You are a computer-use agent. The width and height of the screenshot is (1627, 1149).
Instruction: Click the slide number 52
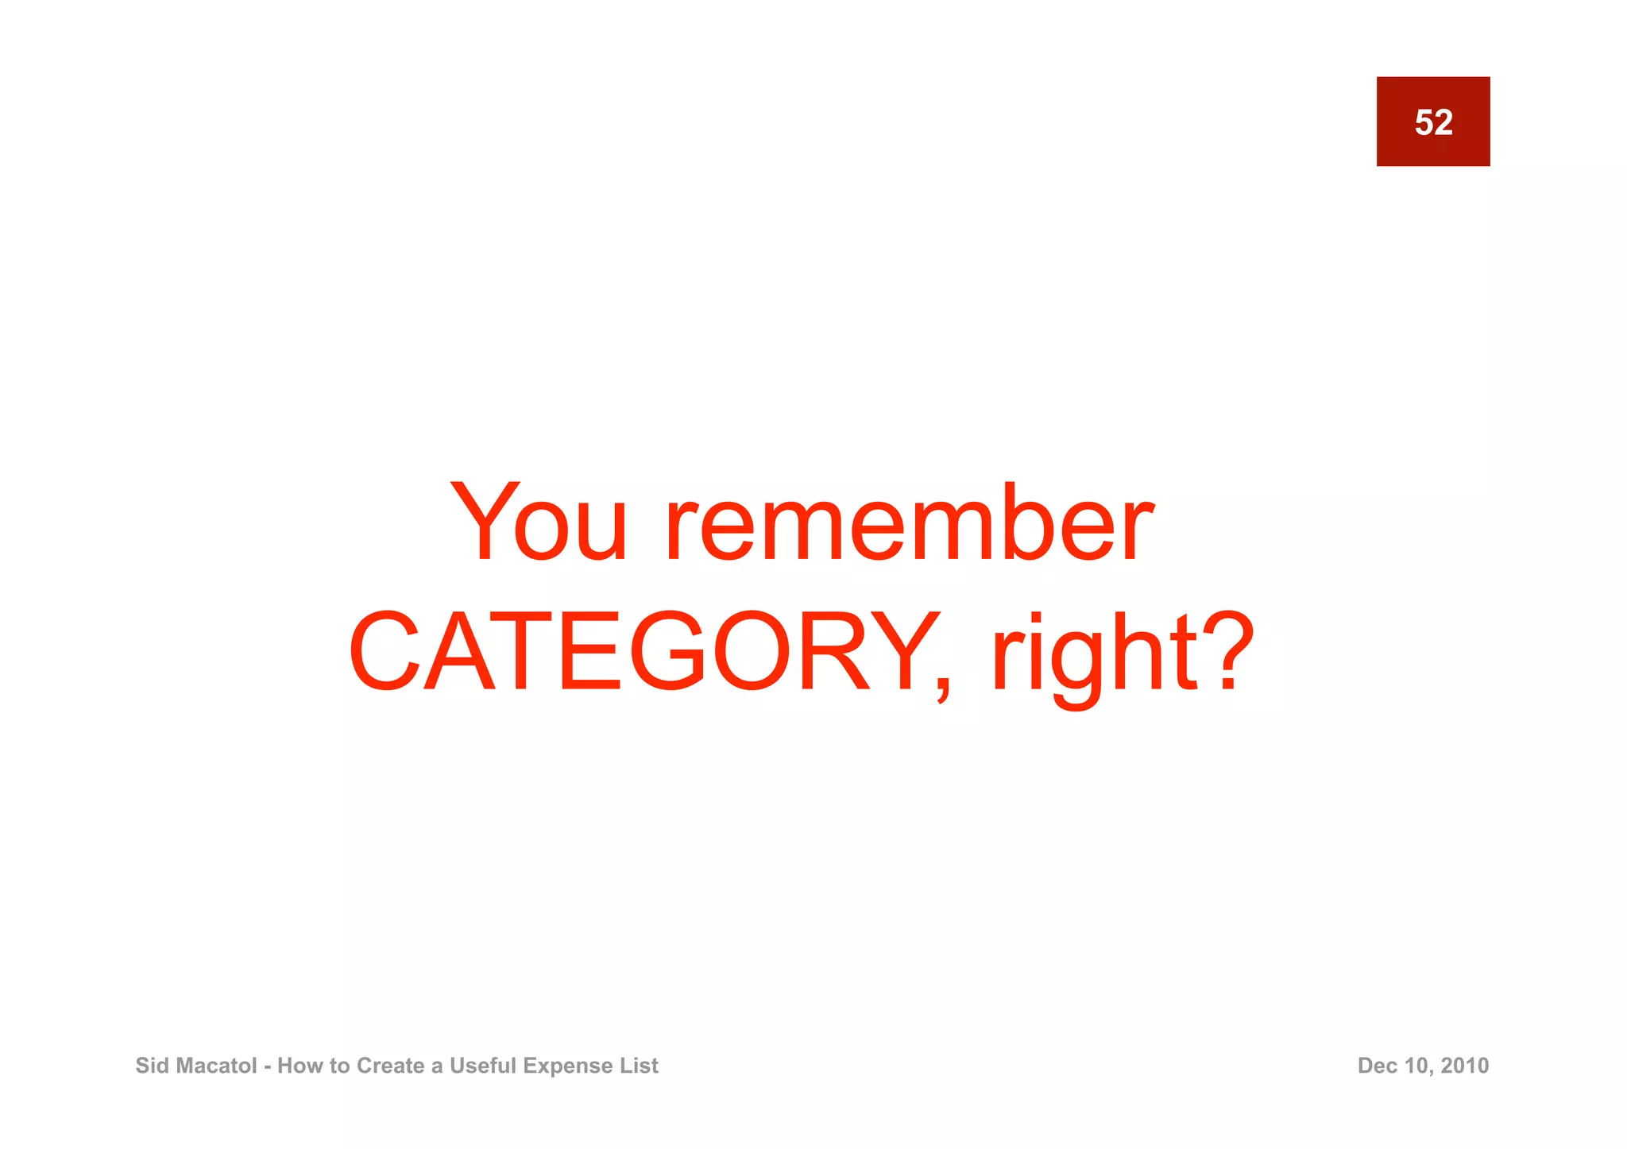1433,122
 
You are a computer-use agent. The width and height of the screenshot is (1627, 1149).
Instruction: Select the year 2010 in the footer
1465,1066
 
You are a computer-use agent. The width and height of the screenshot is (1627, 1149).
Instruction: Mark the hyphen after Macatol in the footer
267,1066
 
